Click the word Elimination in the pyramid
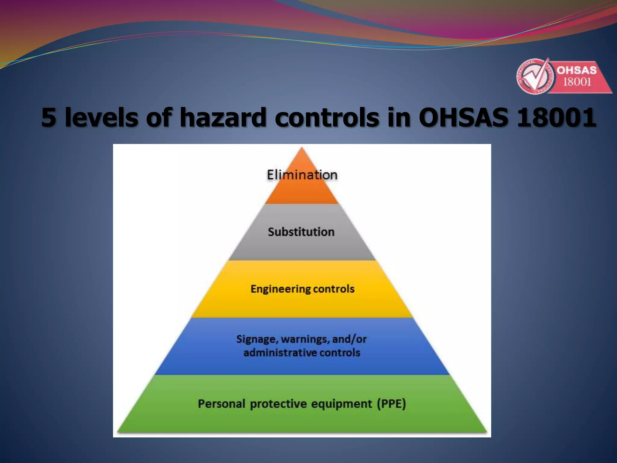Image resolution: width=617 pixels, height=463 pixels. point(302,175)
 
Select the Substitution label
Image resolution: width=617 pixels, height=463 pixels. point(301,232)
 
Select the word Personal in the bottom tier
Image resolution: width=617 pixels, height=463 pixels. point(221,404)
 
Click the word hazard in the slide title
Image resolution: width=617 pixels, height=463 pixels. point(223,117)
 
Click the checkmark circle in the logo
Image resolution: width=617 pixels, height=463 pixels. point(533,76)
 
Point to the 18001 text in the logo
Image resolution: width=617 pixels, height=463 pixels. point(577,82)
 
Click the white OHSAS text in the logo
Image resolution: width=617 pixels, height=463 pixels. point(577,71)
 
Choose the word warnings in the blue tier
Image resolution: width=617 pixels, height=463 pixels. point(305,339)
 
